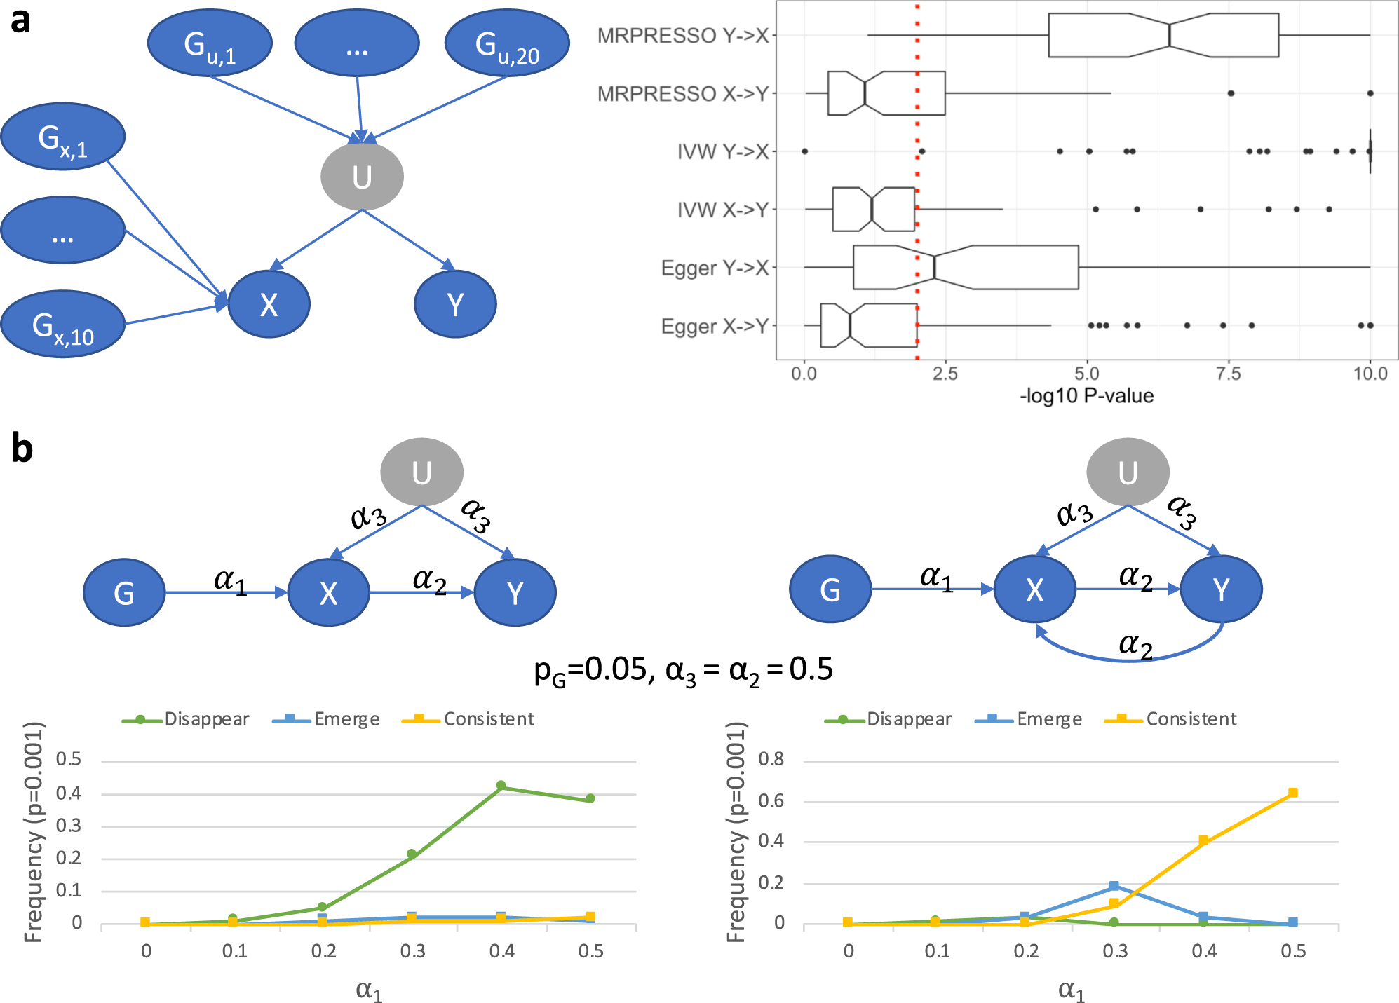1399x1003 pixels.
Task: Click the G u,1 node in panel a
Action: click(209, 43)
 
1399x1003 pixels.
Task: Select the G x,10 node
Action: click(62, 325)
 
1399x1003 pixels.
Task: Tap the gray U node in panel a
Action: click(362, 176)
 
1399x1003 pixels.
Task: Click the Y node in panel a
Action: click(455, 304)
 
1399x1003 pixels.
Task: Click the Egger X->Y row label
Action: click(715, 327)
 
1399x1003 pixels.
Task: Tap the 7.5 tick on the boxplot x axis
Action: click(1228, 374)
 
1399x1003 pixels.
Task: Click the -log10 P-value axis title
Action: click(1086, 396)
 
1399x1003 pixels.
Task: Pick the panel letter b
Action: click(22, 449)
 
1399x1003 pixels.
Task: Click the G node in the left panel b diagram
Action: click(124, 593)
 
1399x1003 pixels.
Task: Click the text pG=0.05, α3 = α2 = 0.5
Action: click(683, 670)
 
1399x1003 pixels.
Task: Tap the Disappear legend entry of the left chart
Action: click(186, 719)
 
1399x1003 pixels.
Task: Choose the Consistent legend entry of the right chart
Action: click(1170, 719)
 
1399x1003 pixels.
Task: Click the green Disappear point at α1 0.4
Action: click(501, 786)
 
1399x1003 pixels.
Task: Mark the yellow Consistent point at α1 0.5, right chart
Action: click(1293, 793)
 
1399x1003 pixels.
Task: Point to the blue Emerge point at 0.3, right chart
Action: click(1114, 887)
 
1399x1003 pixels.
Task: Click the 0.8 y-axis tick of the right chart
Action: click(771, 760)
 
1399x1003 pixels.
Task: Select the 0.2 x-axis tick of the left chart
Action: click(323, 951)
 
